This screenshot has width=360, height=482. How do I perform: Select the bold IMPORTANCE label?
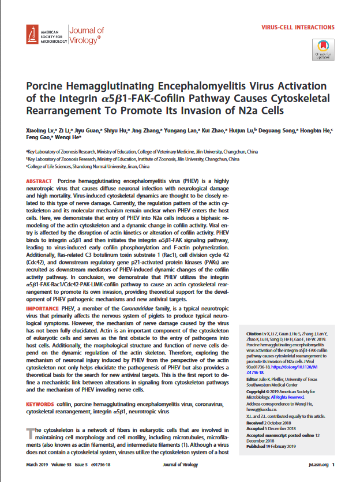click(43, 309)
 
